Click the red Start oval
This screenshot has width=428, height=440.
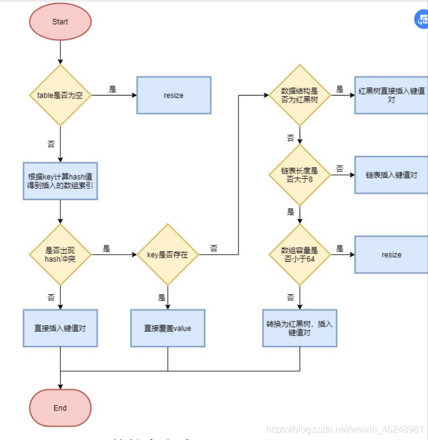point(60,22)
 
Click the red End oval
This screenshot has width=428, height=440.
point(60,408)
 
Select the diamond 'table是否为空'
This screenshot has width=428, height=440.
point(60,95)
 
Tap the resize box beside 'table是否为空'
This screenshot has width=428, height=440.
point(173,95)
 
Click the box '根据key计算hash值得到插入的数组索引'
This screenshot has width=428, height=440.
point(60,181)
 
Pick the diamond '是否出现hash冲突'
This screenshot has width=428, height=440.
point(60,255)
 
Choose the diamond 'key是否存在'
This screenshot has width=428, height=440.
point(167,255)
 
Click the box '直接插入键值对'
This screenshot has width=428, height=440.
point(60,328)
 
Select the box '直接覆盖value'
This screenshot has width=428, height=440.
point(167,328)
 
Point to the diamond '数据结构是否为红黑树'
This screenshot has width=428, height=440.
point(299,95)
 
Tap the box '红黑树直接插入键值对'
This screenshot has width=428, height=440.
point(392,95)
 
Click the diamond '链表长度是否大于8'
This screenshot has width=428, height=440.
point(299,175)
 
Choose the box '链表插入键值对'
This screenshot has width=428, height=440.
point(392,175)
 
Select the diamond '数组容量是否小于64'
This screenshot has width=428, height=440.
point(299,255)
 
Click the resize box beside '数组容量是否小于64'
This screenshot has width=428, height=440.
point(392,255)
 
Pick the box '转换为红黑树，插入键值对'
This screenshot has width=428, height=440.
point(299,328)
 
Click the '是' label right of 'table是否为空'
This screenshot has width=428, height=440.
point(112,89)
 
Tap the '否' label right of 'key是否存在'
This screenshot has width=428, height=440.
point(214,248)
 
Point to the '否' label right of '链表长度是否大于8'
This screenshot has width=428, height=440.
point(339,169)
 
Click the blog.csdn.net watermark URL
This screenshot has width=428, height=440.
point(345,429)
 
